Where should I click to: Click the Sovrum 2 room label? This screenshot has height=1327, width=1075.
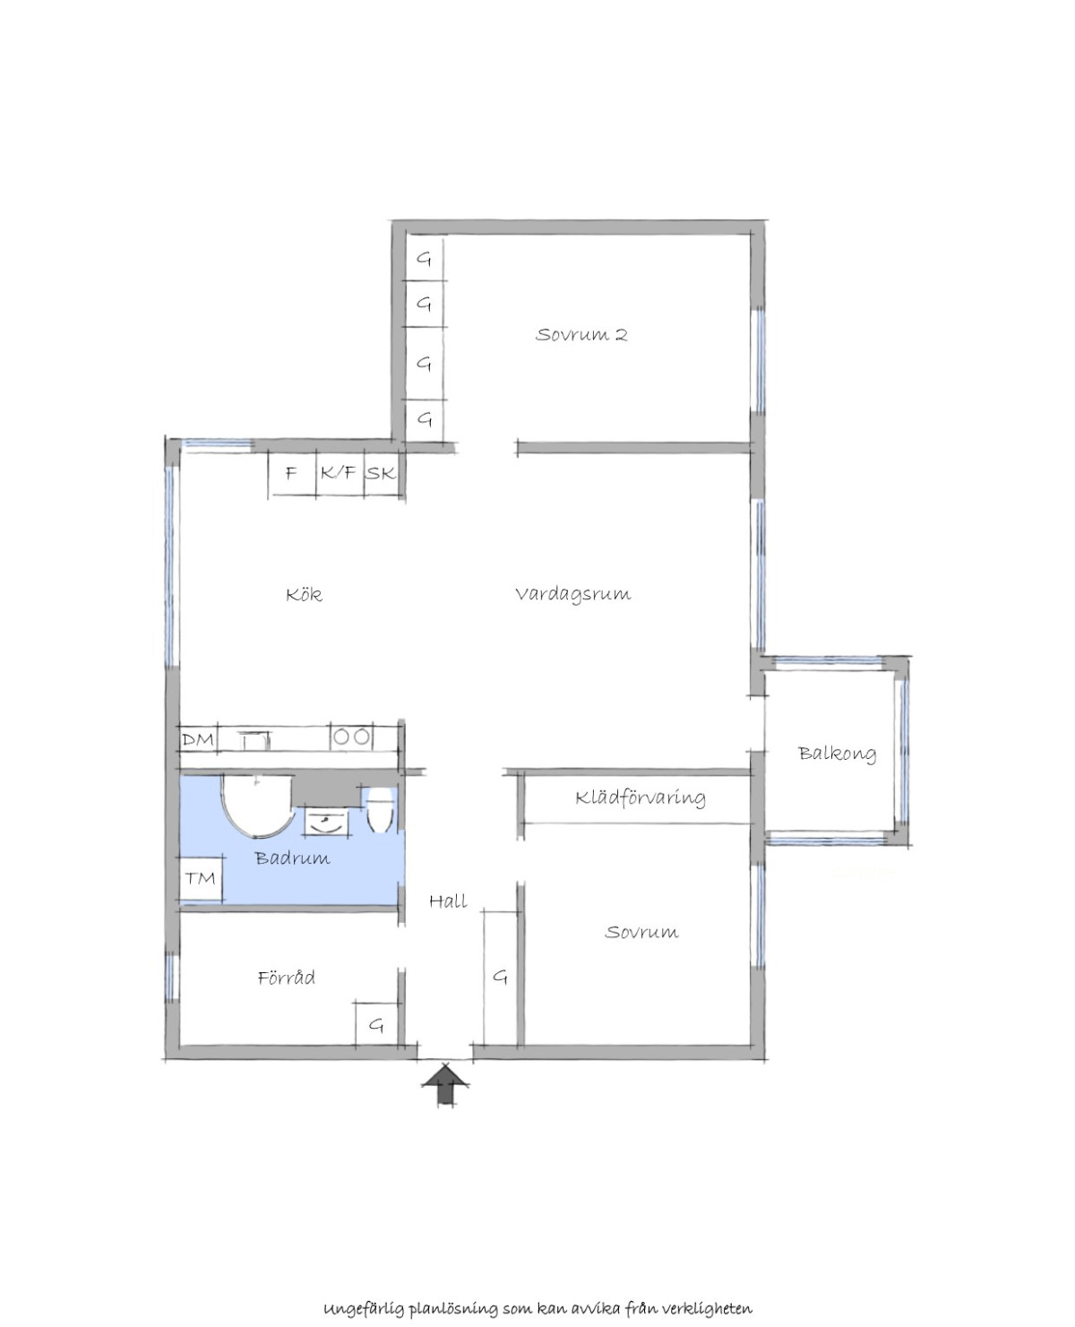pyautogui.click(x=581, y=334)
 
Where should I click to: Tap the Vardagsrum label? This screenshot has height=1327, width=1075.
pyautogui.click(x=573, y=594)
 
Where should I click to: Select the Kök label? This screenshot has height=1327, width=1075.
pyautogui.click(x=304, y=594)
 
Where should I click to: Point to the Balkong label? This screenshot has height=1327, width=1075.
pyautogui.click(x=837, y=754)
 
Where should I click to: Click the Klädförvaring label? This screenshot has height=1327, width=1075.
pyautogui.click(x=641, y=798)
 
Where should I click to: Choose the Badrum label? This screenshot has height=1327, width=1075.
pyautogui.click(x=293, y=857)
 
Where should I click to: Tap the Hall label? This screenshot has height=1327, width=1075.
pyautogui.click(x=448, y=900)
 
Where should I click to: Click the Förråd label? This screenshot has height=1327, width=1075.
pyautogui.click(x=287, y=977)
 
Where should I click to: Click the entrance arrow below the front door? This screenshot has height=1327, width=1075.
pyautogui.click(x=444, y=1085)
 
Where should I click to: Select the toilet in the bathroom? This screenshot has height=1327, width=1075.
pyautogui.click(x=379, y=809)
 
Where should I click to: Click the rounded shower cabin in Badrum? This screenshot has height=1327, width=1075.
pyautogui.click(x=256, y=805)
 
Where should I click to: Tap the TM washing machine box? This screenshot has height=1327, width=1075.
pyautogui.click(x=201, y=878)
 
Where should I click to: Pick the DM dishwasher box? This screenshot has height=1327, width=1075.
pyautogui.click(x=198, y=739)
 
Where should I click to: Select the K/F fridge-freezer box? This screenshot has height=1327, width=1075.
pyautogui.click(x=340, y=473)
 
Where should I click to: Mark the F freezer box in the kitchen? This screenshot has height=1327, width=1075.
pyautogui.click(x=292, y=473)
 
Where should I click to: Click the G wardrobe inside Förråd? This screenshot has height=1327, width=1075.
pyautogui.click(x=376, y=1025)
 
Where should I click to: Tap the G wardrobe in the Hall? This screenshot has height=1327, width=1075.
pyautogui.click(x=501, y=977)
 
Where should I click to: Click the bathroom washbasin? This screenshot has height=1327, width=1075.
pyautogui.click(x=326, y=822)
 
